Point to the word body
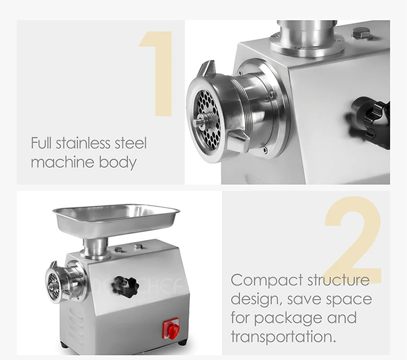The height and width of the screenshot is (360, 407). click(x=118, y=162)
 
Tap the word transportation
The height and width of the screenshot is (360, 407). click(x=283, y=336)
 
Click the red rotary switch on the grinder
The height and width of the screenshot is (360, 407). click(x=171, y=329)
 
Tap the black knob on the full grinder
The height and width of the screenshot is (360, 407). click(x=126, y=287)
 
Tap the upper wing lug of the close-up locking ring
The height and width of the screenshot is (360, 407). click(x=208, y=68)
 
